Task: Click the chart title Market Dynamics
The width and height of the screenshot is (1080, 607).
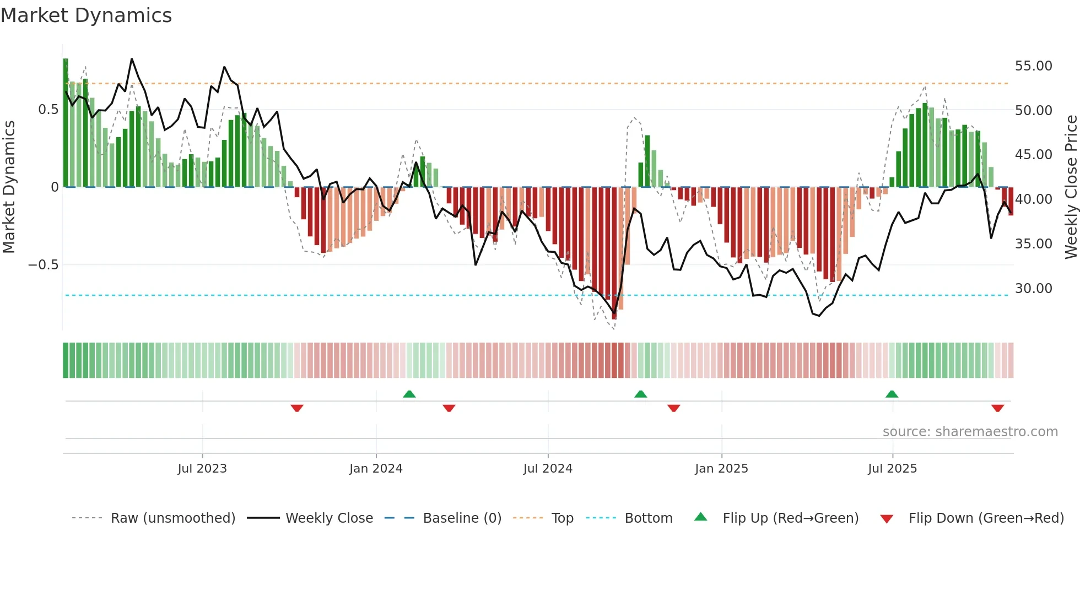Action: (87, 15)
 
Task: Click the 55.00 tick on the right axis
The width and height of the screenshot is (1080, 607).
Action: (1033, 66)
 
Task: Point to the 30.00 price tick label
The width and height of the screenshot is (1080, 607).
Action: (1033, 289)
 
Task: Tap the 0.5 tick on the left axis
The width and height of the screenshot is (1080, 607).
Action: (48, 110)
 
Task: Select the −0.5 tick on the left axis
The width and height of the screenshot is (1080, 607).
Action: (43, 265)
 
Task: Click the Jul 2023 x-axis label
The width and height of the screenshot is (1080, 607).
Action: (202, 469)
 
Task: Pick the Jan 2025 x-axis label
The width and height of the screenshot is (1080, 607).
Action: (721, 469)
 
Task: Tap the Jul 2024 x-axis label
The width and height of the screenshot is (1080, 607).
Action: (548, 469)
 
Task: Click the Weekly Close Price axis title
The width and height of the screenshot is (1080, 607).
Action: (1071, 187)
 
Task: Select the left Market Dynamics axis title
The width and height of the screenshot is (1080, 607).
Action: (9, 187)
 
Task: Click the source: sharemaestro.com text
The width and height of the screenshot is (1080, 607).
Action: (970, 432)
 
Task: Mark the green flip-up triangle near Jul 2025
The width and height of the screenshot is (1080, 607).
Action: (892, 394)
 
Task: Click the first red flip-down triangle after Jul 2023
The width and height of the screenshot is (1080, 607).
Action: (297, 408)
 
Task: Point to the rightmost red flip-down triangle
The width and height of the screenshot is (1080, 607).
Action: (997, 408)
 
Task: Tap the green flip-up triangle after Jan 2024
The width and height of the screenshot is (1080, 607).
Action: (409, 394)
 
